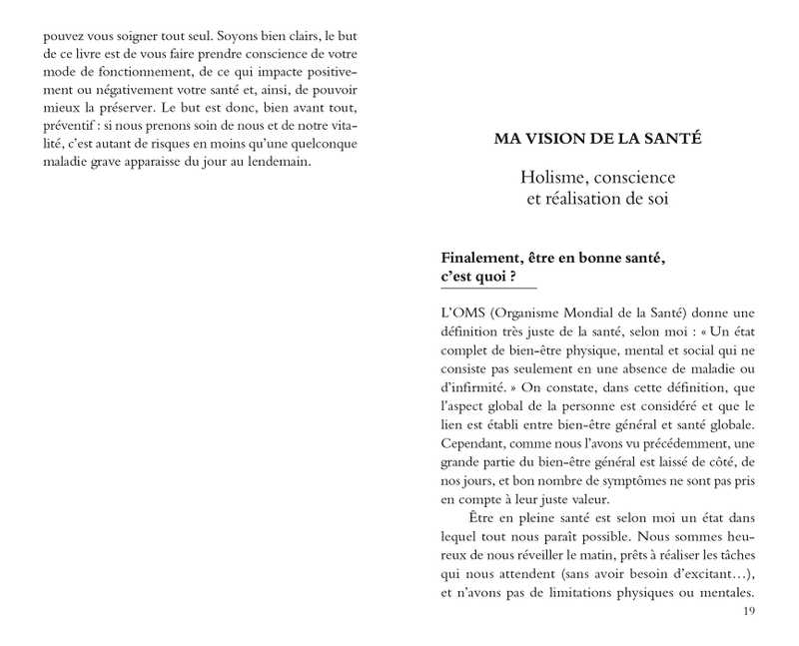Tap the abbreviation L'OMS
pyautogui.click(x=460, y=311)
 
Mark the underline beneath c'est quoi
pyautogui.click(x=489, y=288)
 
